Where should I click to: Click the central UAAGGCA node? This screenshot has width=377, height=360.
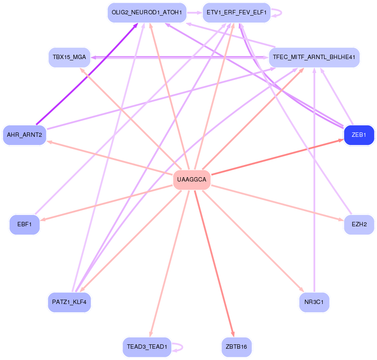[x=192, y=179]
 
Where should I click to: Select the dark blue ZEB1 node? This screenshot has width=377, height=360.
[x=359, y=135]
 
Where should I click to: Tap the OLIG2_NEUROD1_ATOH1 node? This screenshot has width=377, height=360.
[x=147, y=13]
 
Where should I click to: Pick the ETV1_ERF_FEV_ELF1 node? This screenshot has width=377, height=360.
[x=237, y=13]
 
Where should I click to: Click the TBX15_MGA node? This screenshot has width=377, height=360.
[x=69, y=57]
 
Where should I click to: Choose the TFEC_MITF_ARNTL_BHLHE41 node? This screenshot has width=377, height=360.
[x=314, y=57]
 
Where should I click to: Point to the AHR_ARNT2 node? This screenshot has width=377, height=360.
[x=24, y=135]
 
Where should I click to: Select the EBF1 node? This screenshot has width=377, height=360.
[x=24, y=225]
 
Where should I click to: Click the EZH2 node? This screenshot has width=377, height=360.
[x=359, y=225]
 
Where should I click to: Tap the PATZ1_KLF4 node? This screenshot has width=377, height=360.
[x=69, y=302]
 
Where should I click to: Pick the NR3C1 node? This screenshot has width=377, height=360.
[x=314, y=302]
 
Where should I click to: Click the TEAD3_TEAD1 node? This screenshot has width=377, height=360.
[x=147, y=347]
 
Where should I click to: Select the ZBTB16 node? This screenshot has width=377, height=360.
[x=237, y=347]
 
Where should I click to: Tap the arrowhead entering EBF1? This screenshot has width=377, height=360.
[x=43, y=220]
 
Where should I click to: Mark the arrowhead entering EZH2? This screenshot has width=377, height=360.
[x=341, y=220]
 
